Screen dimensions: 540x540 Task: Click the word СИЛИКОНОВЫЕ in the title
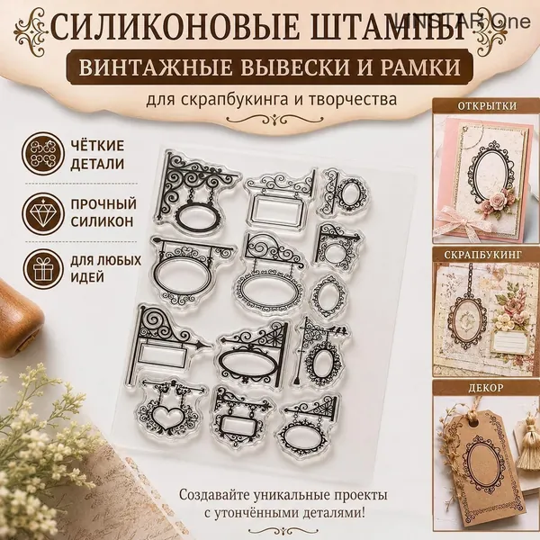pyautogui.click(x=175, y=28)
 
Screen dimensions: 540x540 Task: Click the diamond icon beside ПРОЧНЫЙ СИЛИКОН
pyautogui.click(x=43, y=214)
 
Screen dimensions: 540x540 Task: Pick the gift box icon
pyautogui.click(x=43, y=269)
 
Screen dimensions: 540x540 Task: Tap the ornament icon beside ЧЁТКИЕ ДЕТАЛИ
pyautogui.click(x=43, y=154)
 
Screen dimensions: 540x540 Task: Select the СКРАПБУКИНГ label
pyautogui.click(x=482, y=256)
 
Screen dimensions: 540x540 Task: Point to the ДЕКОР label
pyautogui.click(x=486, y=388)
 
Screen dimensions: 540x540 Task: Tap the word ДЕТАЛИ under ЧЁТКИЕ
pyautogui.click(x=97, y=164)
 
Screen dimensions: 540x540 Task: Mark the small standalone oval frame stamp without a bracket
pyautogui.click(x=328, y=295)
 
